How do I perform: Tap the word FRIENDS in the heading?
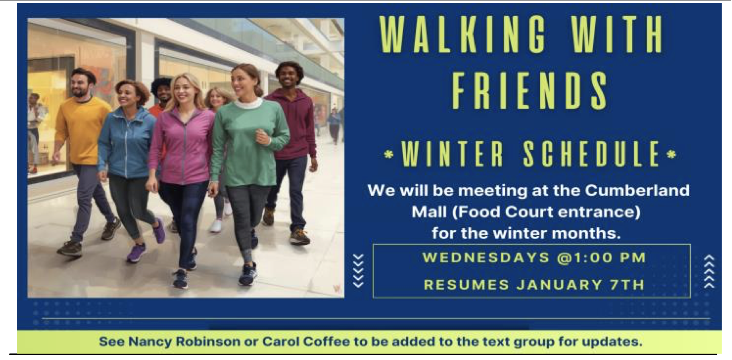pyautogui.click(x=530, y=91)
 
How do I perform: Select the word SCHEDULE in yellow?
pyautogui.click(x=591, y=154)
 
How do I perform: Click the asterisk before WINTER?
pyautogui.click(x=389, y=155)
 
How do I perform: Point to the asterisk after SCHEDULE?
pyautogui.click(x=671, y=154)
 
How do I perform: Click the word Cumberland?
pyautogui.click(x=637, y=190)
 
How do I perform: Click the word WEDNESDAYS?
pyautogui.click(x=486, y=257)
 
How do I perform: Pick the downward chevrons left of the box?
pyautogui.click(x=358, y=271)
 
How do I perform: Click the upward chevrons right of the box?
pyautogui.click(x=709, y=271)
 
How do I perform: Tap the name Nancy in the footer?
pyautogui.click(x=150, y=342)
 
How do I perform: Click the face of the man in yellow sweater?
pyautogui.click(x=80, y=83)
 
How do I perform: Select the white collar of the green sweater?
pyautogui.click(x=249, y=104)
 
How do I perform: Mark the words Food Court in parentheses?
pyautogui.click(x=505, y=212)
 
